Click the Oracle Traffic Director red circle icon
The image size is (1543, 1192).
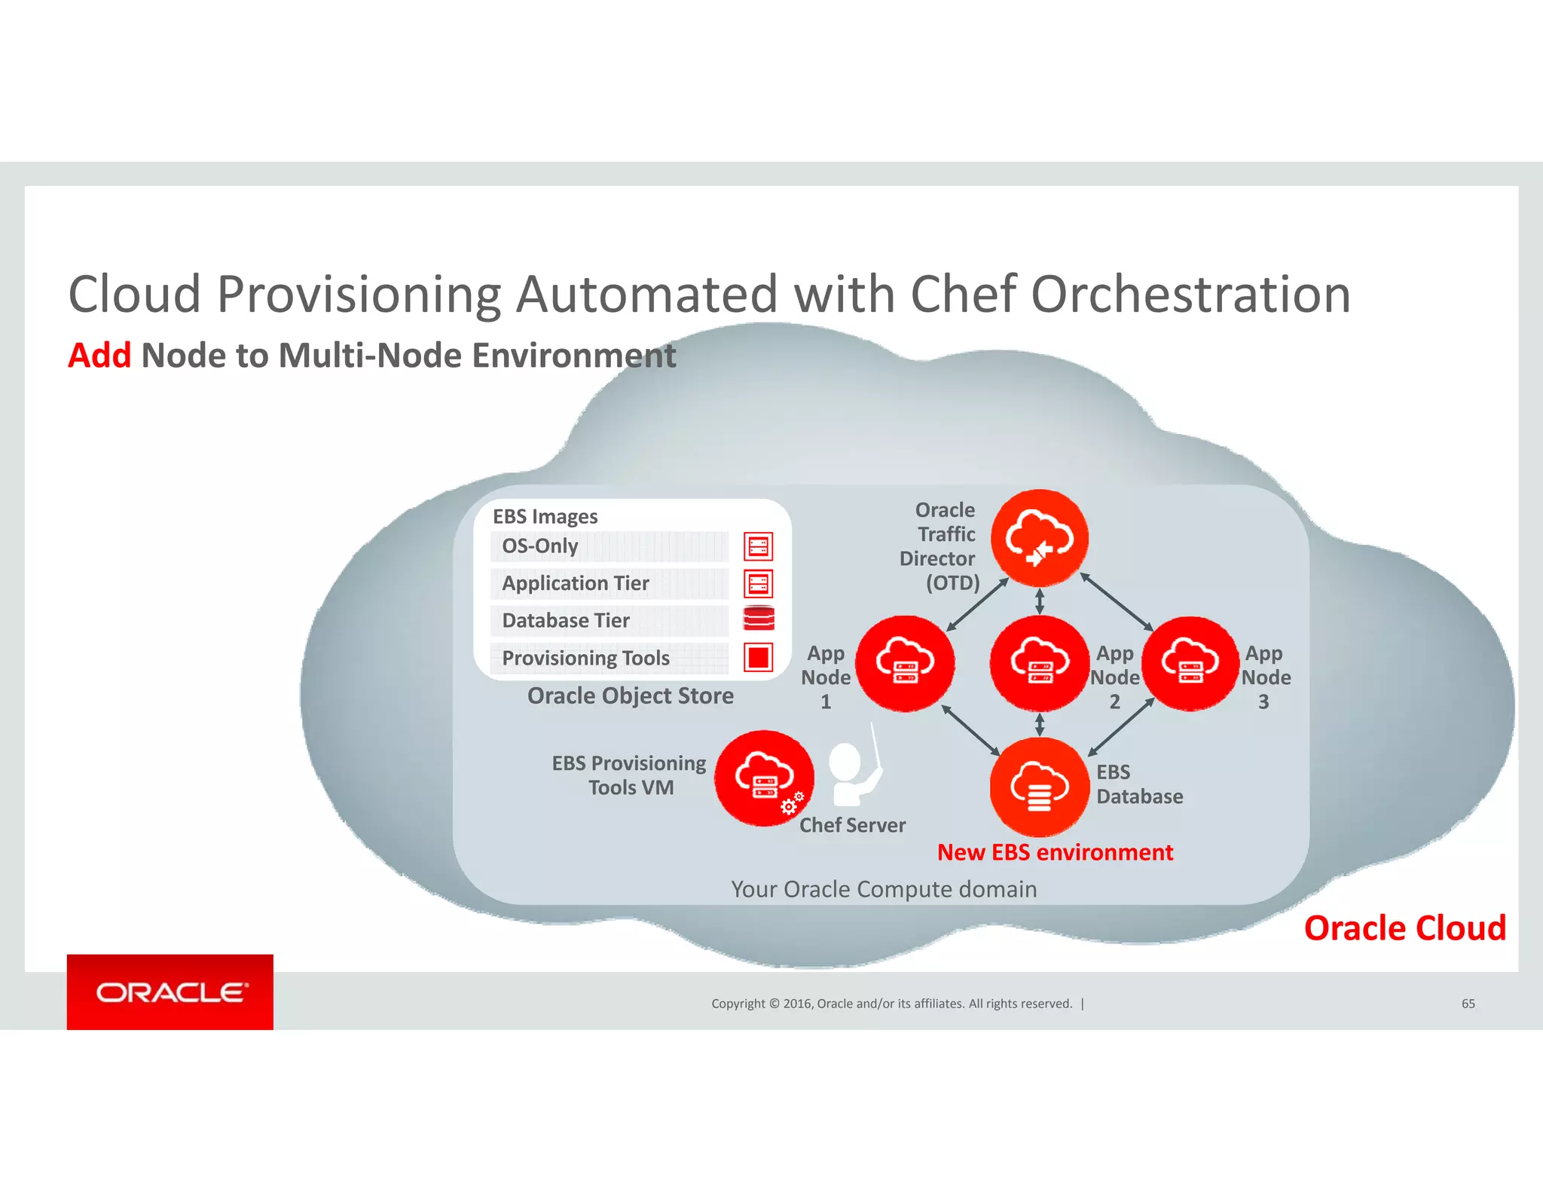pos(1039,538)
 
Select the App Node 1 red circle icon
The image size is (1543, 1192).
pos(906,663)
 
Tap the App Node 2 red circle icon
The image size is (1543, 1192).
pos(1039,663)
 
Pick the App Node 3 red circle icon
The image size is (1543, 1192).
pos(1190,663)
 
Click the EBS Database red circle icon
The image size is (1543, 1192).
pos(1039,787)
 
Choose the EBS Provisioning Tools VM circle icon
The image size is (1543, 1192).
pos(764,778)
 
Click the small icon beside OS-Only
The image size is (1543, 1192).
pos(758,546)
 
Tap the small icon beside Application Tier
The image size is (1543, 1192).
pos(758,583)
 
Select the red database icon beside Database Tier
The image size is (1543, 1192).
pos(758,619)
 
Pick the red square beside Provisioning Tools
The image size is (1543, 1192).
pos(758,657)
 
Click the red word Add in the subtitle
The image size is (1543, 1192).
pos(99,356)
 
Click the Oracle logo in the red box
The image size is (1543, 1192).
pos(170,992)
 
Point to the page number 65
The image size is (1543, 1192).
pos(1468,1004)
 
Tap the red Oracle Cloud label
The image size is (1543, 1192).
pos(1404,928)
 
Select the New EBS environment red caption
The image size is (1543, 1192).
pos(1055,852)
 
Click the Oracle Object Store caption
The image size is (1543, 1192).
pos(630,695)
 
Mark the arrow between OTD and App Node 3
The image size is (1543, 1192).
pos(1117,601)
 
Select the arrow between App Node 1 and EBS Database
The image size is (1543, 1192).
pos(970,730)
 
